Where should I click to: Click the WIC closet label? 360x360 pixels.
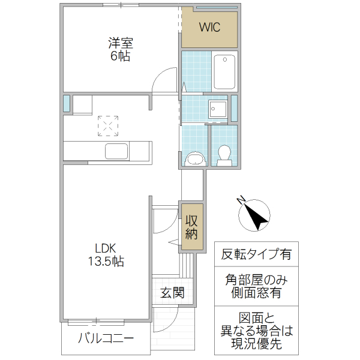point(209,27)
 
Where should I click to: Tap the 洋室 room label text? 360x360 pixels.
point(120,43)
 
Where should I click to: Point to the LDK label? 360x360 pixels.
point(108,248)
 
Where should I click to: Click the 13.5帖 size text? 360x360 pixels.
point(108,262)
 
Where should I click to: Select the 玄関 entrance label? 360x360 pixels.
point(172,293)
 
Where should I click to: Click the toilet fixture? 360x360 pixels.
point(225,155)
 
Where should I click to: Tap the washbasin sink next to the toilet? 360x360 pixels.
point(196,159)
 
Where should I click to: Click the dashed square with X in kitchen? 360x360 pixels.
point(109,126)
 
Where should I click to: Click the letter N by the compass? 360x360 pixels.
point(240,200)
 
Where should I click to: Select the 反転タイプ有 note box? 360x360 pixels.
point(256,254)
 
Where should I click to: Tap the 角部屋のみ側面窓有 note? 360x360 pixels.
point(256,286)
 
